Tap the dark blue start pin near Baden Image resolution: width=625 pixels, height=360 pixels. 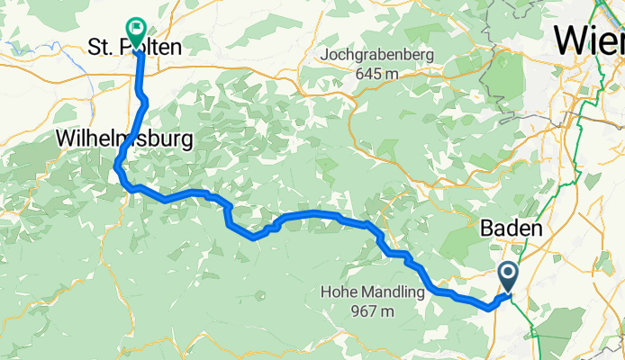point(508,274)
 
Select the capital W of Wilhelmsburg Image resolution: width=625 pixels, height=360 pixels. point(65,139)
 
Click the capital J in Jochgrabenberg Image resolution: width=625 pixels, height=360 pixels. point(325,56)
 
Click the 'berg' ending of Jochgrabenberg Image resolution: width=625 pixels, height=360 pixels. point(420,56)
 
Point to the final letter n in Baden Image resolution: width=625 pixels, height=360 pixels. point(537,229)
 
